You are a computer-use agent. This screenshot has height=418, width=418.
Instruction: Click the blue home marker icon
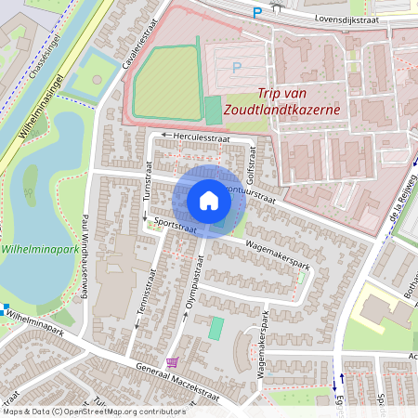tap(209, 201)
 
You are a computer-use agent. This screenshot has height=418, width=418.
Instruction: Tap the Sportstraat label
tap(174, 224)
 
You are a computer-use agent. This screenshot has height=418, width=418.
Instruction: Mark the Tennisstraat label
tap(142, 306)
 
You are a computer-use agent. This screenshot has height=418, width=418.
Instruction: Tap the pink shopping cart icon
tap(171, 362)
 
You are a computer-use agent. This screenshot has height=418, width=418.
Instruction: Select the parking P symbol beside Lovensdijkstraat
tap(257, 12)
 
